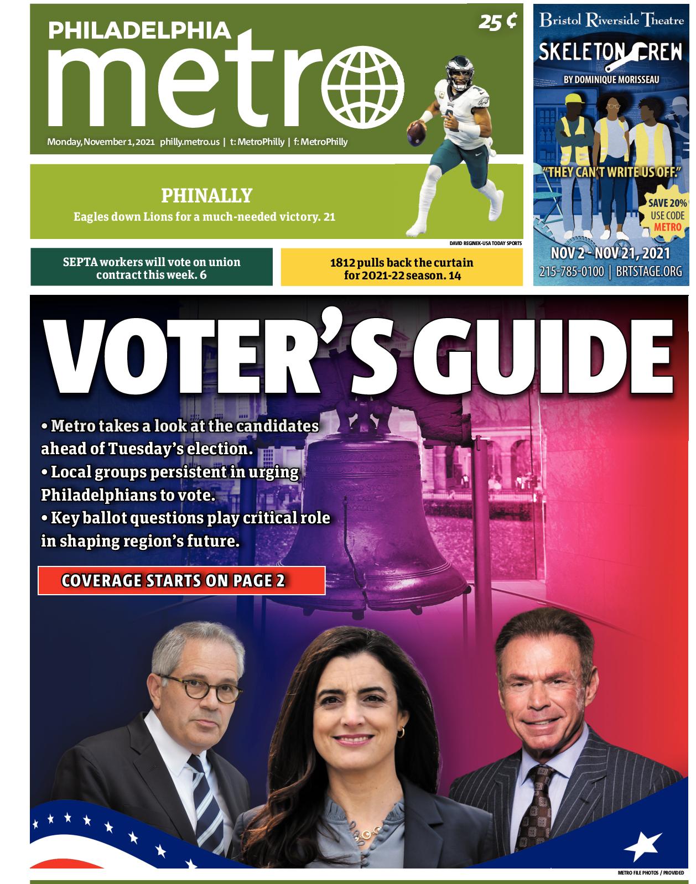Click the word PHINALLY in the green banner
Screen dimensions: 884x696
[206, 195]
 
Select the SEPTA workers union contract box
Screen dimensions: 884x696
[152, 268]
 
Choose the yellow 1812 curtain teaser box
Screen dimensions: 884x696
[402, 268]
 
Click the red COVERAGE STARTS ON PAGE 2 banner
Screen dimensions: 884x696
[181, 581]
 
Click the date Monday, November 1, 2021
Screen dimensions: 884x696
[101, 142]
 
